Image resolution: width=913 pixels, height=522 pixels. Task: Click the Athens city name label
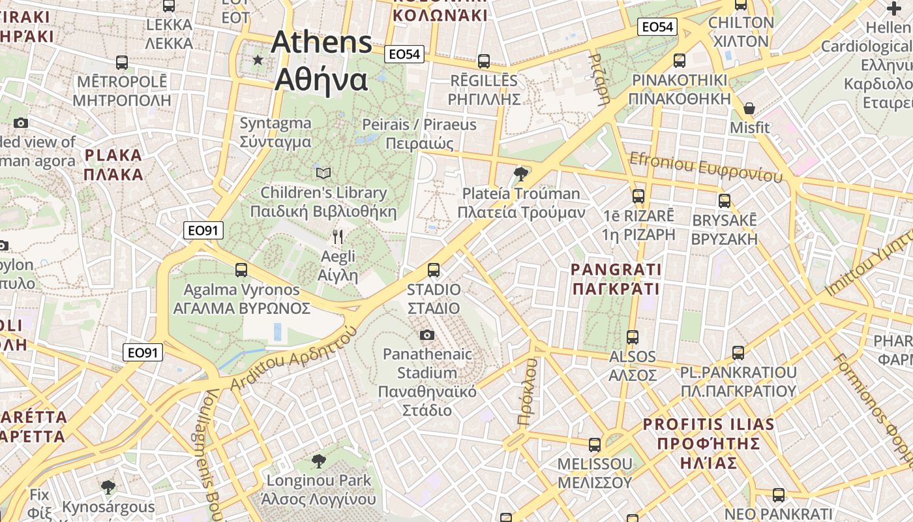[x=322, y=61]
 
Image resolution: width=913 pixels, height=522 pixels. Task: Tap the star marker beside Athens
[x=258, y=60]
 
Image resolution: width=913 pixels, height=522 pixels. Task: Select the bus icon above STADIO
[x=433, y=269]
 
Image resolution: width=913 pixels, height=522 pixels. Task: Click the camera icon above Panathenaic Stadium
[x=427, y=335]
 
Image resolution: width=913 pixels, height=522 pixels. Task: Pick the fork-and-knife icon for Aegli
[x=337, y=236]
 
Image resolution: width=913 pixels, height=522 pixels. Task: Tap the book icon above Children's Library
[x=323, y=173]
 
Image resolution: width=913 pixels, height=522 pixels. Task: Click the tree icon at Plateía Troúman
[x=520, y=174]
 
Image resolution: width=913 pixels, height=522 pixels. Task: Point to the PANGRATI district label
[x=616, y=279]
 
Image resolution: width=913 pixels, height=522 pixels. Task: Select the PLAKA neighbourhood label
[x=113, y=164]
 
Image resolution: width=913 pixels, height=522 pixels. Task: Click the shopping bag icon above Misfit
[x=749, y=108]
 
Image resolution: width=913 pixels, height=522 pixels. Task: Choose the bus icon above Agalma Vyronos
[x=241, y=269]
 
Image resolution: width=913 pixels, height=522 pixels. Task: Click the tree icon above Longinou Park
[x=318, y=461]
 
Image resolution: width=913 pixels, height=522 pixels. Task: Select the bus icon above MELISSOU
[x=594, y=445]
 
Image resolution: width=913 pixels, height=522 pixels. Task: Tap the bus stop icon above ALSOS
[x=632, y=337]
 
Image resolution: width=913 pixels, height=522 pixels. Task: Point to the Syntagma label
[x=275, y=132]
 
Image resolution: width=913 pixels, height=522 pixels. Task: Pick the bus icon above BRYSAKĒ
[x=724, y=201]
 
